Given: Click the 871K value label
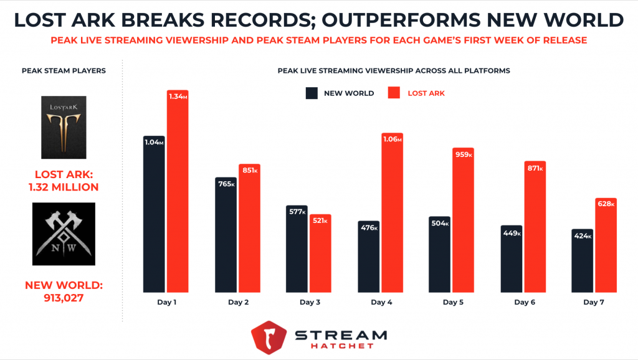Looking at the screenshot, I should coord(534,168).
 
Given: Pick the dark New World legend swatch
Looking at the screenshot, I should coord(312,93).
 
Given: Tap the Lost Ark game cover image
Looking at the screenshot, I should coord(64,127).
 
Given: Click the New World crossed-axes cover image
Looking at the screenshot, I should coord(64,234).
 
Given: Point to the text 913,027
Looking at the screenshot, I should coord(64,298).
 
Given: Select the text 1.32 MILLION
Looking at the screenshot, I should coord(64,187).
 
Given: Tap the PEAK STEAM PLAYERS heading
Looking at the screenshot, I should coord(64,70).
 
